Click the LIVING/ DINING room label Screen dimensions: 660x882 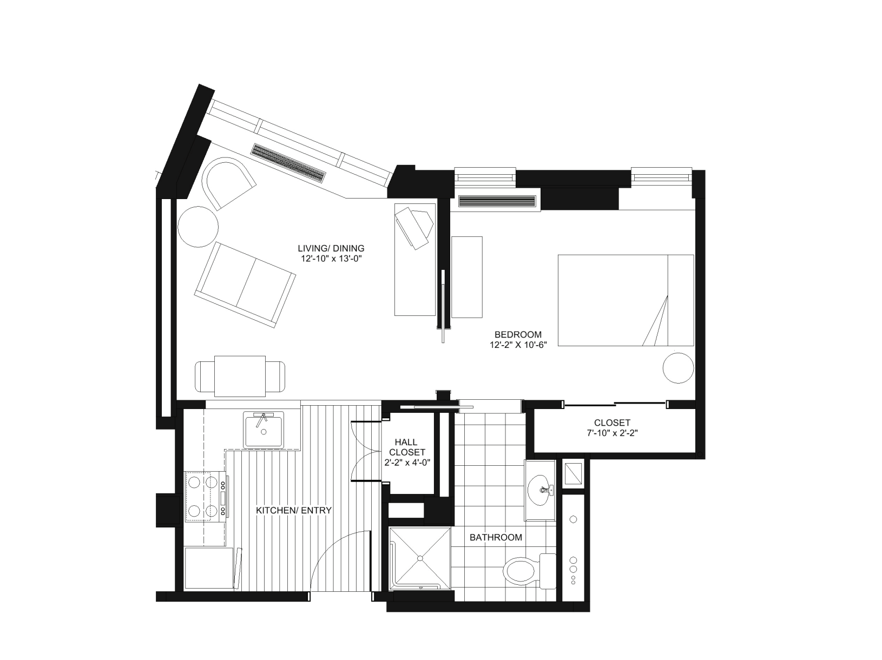331,248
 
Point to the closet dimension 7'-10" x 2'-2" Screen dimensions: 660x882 612,433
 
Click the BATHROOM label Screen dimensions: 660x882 495,537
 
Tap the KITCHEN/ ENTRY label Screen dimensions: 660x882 293,510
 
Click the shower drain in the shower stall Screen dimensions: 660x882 420,558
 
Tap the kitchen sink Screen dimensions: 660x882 264,430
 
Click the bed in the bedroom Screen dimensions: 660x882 625,300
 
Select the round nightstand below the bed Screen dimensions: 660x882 678,368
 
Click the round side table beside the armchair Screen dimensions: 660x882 198,227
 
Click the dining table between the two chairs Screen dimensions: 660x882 240,376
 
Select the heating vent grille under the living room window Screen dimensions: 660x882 289,162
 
